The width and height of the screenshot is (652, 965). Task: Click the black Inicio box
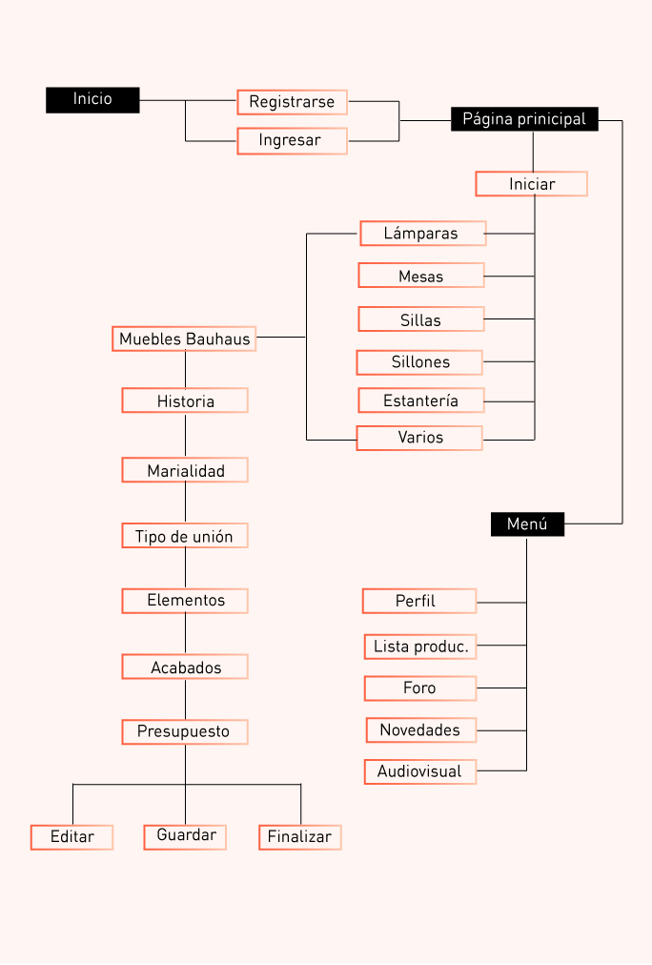[x=92, y=100]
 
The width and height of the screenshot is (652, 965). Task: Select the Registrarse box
[x=292, y=102]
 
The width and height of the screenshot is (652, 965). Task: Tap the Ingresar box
[x=292, y=141]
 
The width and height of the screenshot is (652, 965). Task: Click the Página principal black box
[x=524, y=119]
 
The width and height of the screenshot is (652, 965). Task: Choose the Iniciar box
[x=531, y=184]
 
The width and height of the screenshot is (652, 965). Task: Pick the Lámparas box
[x=422, y=234]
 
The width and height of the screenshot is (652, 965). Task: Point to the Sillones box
[x=419, y=362]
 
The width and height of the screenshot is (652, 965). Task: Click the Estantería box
[x=420, y=400]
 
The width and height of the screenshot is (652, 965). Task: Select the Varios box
[x=419, y=439]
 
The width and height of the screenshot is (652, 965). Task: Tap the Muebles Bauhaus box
[x=184, y=339]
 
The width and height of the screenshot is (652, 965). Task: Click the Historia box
[x=185, y=401]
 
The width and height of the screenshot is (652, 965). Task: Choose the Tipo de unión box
[x=185, y=536]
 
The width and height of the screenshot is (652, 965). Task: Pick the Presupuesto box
[x=185, y=732]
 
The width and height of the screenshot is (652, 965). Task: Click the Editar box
[x=71, y=837]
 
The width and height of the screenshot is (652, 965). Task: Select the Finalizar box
[x=299, y=837]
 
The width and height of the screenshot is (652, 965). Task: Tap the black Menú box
[x=527, y=524]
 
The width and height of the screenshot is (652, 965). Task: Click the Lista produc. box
[x=420, y=647]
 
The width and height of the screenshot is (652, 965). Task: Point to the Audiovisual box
[x=419, y=771]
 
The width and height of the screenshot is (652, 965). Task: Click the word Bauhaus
[x=217, y=339]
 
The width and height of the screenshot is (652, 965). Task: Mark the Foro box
[x=419, y=688]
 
